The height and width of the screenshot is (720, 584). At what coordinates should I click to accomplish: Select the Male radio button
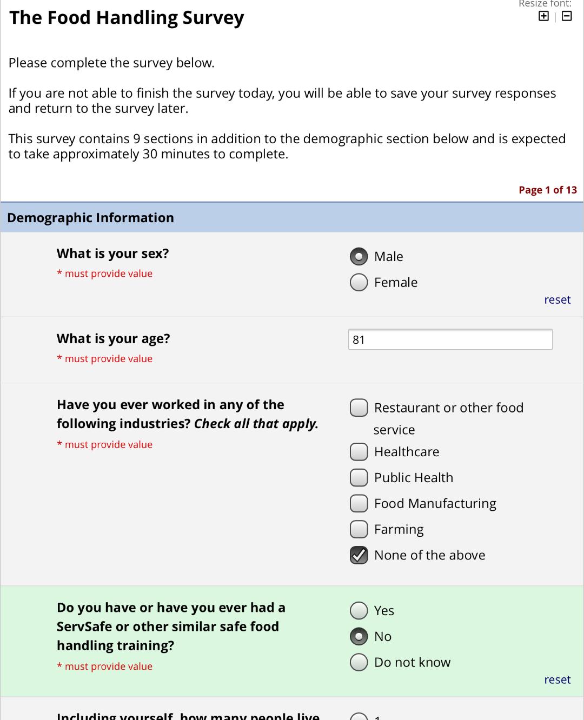click(359, 257)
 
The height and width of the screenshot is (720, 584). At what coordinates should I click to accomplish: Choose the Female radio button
click(359, 282)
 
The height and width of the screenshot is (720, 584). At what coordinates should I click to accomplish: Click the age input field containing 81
click(450, 339)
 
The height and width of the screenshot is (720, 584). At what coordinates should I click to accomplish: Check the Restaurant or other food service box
click(359, 408)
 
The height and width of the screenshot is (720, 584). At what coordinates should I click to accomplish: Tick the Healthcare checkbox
click(359, 451)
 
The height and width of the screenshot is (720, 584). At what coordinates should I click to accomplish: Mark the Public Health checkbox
click(359, 477)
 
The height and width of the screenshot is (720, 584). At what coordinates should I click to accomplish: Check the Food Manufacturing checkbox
click(359, 503)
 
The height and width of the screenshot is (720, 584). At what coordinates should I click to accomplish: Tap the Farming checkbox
click(359, 529)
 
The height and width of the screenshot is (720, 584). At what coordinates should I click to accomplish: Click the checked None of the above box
click(359, 555)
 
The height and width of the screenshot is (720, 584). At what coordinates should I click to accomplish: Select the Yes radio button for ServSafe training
click(359, 610)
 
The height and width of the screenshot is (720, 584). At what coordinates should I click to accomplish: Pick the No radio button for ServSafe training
click(359, 636)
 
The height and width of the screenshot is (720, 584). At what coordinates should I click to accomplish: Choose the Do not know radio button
click(359, 662)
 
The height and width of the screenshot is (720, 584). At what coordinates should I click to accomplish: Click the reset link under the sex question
click(557, 299)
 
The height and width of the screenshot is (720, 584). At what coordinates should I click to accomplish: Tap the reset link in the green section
click(557, 679)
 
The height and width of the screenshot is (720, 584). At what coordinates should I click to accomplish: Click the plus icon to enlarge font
click(543, 16)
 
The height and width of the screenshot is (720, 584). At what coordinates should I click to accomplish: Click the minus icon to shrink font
click(567, 16)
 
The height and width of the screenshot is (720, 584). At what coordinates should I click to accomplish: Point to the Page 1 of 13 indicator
click(547, 190)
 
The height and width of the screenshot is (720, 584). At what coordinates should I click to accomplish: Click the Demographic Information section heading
click(90, 217)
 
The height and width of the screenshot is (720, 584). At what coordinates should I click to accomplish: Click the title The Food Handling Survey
click(127, 18)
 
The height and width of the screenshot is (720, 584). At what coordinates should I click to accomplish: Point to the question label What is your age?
click(113, 338)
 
